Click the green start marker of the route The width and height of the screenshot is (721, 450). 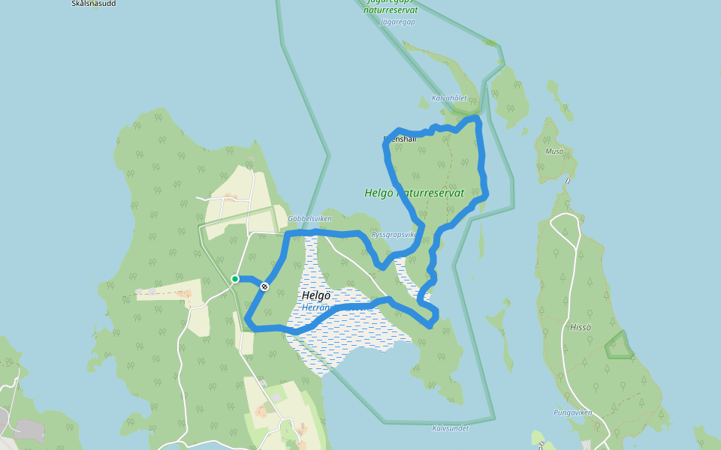[235, 279]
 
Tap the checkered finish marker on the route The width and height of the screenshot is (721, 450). [264, 286]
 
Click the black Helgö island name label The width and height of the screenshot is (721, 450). [316, 295]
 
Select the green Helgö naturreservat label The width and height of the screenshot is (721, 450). [414, 193]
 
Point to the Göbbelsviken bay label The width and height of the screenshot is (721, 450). [309, 219]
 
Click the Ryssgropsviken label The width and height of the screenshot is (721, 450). [394, 234]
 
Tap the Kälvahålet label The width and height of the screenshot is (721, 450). [449, 98]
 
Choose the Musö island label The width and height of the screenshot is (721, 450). [554, 151]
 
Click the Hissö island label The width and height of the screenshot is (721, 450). [581, 327]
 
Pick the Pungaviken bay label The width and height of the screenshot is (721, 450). [573, 412]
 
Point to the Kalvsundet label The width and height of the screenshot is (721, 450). [450, 428]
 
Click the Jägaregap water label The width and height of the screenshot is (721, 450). [398, 22]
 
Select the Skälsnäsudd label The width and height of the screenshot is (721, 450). [93, 4]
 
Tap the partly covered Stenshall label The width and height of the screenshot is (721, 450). [399, 139]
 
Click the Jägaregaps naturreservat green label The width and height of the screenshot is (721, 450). [391, 7]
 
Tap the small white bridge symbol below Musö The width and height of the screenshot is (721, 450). [568, 181]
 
